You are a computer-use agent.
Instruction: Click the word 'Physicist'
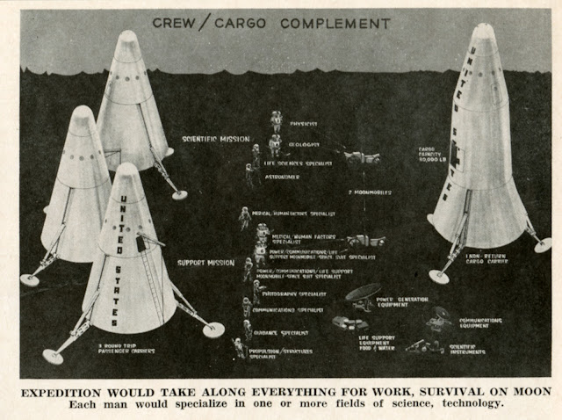302,125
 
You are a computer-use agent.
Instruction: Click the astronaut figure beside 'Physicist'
276,120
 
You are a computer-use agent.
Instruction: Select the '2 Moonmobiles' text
370,191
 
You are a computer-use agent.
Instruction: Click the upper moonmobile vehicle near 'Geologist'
361,158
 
